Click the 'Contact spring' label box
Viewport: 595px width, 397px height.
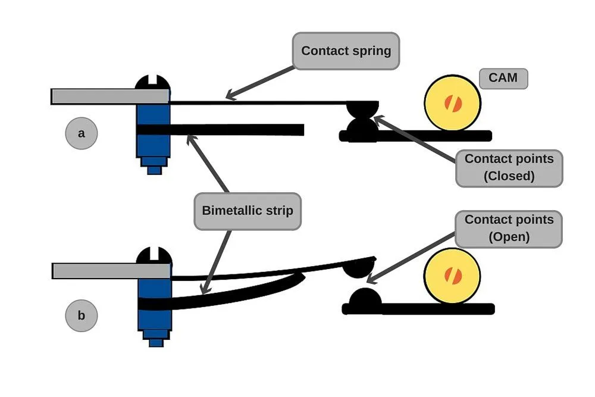pos(346,51)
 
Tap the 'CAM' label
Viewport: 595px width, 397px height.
pos(503,79)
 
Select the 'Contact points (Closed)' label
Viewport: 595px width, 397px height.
pos(509,168)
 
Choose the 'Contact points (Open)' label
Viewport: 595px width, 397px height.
pos(509,228)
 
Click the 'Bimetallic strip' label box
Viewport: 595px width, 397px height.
pos(248,211)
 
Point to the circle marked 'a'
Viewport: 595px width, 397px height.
pos(81,133)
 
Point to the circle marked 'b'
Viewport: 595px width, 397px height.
pos(81,315)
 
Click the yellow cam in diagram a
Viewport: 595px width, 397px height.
pos(453,103)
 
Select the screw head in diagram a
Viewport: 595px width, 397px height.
pos(154,83)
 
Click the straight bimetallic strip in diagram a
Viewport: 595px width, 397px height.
pos(238,129)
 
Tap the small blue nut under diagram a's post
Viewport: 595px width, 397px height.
pos(154,170)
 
